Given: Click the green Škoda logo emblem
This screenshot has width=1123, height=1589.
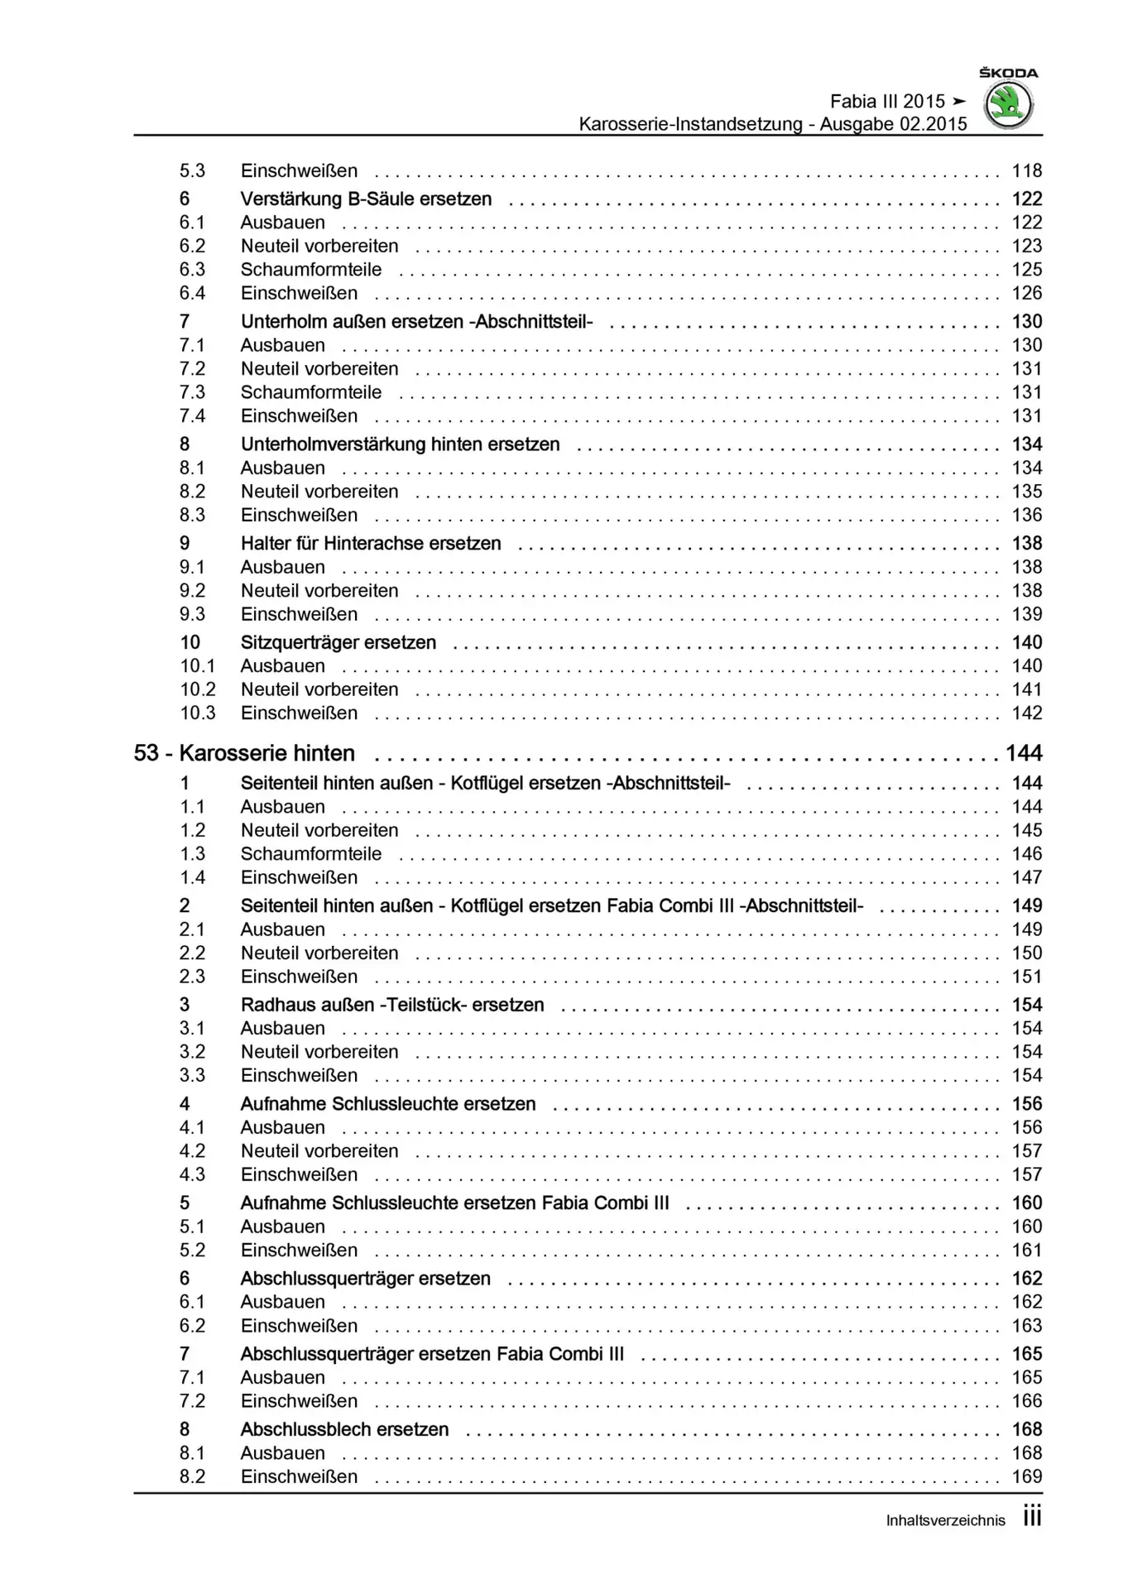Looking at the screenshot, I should pyautogui.click(x=1008, y=106).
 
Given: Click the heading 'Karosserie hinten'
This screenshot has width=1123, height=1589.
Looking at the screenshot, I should pyautogui.click(x=266, y=753).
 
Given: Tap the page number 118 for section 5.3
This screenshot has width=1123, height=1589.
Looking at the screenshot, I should pyautogui.click(x=1026, y=171).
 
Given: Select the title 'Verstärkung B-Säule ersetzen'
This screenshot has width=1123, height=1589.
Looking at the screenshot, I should pyautogui.click(x=366, y=199).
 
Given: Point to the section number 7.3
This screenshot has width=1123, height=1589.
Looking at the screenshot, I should pyautogui.click(x=192, y=392).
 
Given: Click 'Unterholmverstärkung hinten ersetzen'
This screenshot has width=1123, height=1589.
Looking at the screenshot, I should pyautogui.click(x=400, y=444).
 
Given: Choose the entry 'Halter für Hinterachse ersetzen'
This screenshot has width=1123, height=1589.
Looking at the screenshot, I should pyautogui.click(x=371, y=544).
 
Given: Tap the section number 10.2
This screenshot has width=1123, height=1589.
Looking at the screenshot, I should pyautogui.click(x=198, y=689).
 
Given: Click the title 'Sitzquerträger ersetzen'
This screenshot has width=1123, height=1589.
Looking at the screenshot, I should pyautogui.click(x=338, y=643).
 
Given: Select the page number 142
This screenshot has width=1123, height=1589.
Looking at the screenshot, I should pyautogui.click(x=1026, y=713).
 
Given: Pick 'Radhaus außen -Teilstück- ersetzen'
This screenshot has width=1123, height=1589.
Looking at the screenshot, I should pyautogui.click(x=392, y=1006).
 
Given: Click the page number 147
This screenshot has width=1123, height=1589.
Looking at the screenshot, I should pyautogui.click(x=1026, y=878).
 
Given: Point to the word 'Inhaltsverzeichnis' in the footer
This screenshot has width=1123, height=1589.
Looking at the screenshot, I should pyautogui.click(x=945, y=1520).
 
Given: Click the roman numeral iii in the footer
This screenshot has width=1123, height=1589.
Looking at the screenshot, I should pyautogui.click(x=1032, y=1517).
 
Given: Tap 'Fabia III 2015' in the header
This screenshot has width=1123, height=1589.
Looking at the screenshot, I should pyautogui.click(x=887, y=102).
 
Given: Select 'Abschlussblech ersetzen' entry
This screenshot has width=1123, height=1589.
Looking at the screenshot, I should pyautogui.click(x=344, y=1430).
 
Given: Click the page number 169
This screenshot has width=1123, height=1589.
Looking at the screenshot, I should pyautogui.click(x=1026, y=1477).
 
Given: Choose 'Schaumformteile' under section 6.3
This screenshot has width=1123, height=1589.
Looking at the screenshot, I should pyautogui.click(x=311, y=270).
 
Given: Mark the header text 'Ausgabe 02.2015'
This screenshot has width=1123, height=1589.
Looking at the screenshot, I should pyautogui.click(x=893, y=124).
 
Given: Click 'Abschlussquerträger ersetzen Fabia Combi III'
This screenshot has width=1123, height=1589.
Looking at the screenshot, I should pyautogui.click(x=432, y=1355).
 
